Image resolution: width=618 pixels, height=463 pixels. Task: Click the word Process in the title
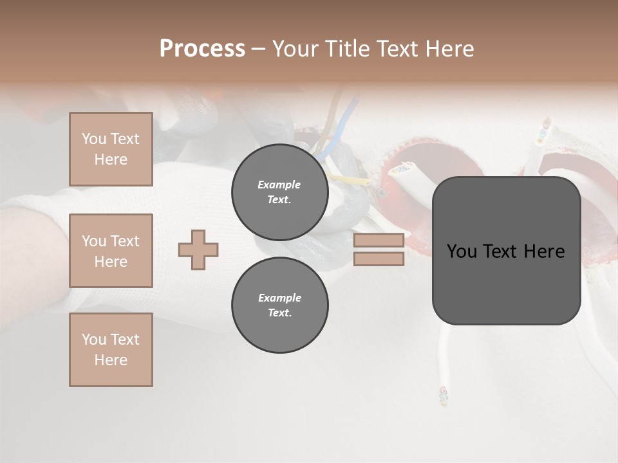click(x=202, y=49)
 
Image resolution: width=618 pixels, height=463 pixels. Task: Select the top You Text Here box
click(x=111, y=149)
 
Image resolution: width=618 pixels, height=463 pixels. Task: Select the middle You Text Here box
click(x=111, y=251)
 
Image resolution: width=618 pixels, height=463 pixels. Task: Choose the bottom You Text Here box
click(x=111, y=350)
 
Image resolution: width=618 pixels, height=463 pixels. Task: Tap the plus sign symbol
click(x=198, y=250)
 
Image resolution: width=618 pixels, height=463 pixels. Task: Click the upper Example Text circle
click(x=279, y=192)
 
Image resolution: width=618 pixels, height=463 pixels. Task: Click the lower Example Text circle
click(x=279, y=305)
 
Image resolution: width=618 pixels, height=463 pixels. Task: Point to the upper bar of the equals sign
click(x=379, y=241)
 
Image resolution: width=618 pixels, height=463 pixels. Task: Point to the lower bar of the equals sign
click(x=379, y=259)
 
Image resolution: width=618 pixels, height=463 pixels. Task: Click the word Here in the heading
click(x=449, y=49)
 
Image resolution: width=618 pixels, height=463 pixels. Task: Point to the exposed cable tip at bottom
click(x=442, y=395)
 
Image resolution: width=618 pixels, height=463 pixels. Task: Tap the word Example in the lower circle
click(x=279, y=298)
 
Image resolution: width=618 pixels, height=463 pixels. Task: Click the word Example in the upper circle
click(x=279, y=185)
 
